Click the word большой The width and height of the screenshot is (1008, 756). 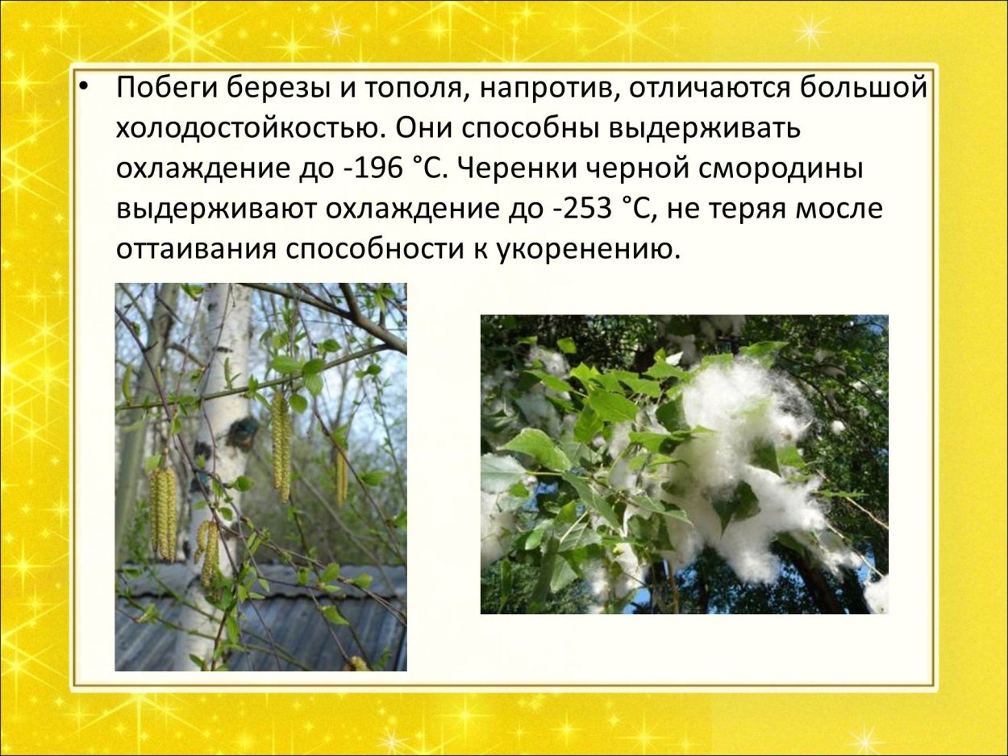point(864,88)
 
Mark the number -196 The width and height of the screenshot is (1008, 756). point(369,169)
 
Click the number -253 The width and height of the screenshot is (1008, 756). point(583,210)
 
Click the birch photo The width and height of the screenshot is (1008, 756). point(260,476)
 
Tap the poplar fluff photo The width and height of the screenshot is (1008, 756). point(684,464)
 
